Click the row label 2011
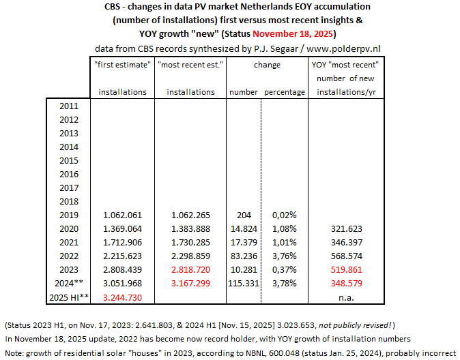68,106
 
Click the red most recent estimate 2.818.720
186,270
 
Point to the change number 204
244,215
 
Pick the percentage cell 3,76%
279,256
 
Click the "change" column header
266,65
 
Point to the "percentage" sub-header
284,92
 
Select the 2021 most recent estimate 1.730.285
186,243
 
